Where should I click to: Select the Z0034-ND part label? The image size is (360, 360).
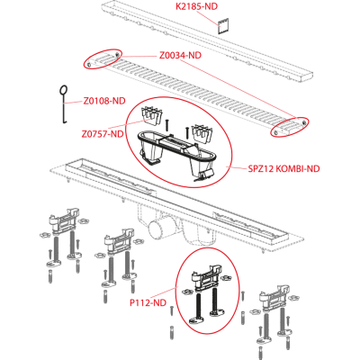pyautogui.click(x=180, y=56)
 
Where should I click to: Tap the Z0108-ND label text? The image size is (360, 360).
pyautogui.click(x=104, y=101)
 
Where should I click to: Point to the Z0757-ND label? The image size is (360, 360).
pyautogui.click(x=103, y=134)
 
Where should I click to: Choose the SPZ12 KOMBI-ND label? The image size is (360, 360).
pyautogui.click(x=283, y=168)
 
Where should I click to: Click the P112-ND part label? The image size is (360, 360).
pyautogui.click(x=148, y=303)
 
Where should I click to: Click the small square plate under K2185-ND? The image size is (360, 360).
pyautogui.click(x=223, y=26)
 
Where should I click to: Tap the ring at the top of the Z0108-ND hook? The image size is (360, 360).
pyautogui.click(x=64, y=90)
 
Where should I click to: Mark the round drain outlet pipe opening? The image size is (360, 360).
pyautogui.click(x=155, y=229)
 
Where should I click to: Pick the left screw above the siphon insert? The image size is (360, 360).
pyautogui.click(x=167, y=125)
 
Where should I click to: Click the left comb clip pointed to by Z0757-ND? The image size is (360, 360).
pyautogui.click(x=152, y=116)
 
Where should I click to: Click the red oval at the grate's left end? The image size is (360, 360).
pyautogui.click(x=103, y=58)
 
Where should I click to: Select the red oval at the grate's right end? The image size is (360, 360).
pyautogui.click(x=289, y=127)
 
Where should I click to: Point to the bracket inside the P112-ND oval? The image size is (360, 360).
pyautogui.click(x=208, y=277)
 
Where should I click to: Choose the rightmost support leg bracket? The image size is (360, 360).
pyautogui.click(x=274, y=298)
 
